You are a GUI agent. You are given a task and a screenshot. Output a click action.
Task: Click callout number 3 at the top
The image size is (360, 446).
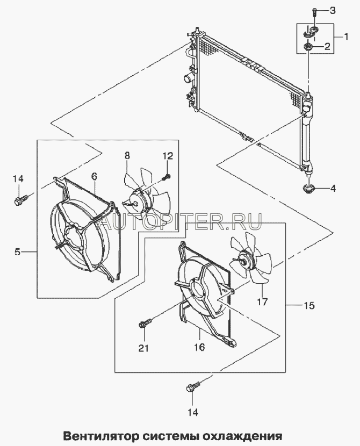332,10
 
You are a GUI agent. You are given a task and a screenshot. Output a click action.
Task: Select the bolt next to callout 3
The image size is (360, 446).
314,11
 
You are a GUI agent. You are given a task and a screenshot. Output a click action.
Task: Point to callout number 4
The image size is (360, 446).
333,188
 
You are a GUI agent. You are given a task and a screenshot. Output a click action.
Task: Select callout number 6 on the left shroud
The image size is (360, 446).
94,176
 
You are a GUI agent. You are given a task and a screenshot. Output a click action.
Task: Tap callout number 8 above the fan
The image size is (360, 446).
127,155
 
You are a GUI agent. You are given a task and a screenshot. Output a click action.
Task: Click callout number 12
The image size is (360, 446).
168,156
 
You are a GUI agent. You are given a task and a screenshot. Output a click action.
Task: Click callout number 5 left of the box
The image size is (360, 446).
17,251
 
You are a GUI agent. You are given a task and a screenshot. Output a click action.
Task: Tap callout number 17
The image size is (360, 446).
262,301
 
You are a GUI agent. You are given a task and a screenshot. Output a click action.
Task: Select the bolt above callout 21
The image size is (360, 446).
145,323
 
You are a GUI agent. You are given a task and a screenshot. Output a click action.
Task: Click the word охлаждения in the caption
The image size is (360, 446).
248,435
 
